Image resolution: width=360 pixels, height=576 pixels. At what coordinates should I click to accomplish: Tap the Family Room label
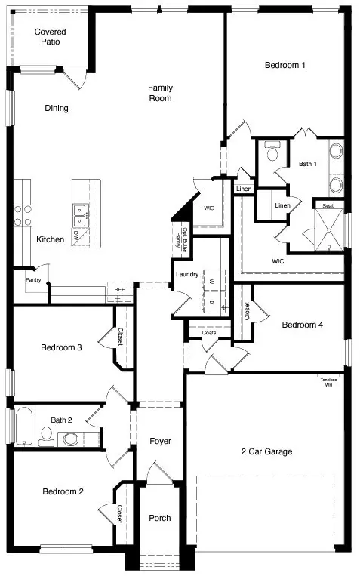[x=159, y=93]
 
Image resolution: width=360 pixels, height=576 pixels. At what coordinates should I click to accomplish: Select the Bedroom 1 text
[x=285, y=65]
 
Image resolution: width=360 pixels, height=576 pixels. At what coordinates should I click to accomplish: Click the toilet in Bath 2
[x=47, y=434]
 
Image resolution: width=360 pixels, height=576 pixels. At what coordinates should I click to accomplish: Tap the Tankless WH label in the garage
[x=328, y=381]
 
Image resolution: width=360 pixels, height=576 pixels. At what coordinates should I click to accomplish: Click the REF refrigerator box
[x=119, y=290]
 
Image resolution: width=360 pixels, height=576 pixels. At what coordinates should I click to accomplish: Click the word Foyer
[x=159, y=441]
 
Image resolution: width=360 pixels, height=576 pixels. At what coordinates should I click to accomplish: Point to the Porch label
[x=159, y=518]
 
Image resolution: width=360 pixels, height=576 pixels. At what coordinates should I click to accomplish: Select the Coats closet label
[x=209, y=332]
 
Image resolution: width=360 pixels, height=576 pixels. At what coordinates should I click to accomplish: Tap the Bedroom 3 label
[x=62, y=347]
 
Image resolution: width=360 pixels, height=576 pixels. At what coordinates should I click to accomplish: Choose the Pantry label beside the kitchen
[x=33, y=280]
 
